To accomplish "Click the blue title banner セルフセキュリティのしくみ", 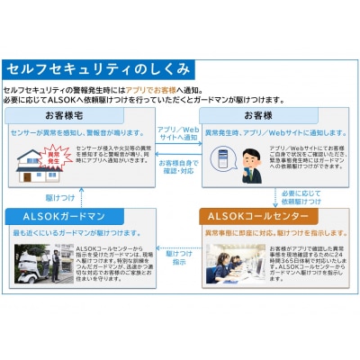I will click(99, 68).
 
